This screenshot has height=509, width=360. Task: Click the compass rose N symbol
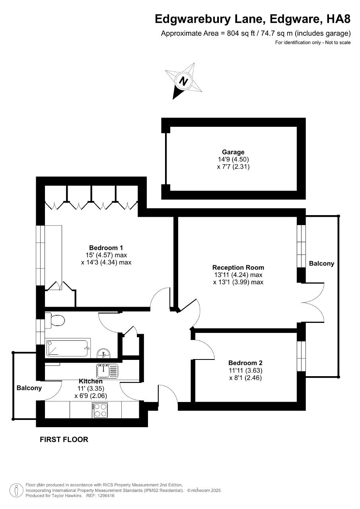(183, 81)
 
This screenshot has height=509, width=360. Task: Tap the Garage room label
(233, 152)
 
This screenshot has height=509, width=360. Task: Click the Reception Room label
(238, 267)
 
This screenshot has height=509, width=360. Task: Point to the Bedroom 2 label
(245, 363)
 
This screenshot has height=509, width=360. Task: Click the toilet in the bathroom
(56, 321)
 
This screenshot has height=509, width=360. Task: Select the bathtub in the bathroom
(68, 348)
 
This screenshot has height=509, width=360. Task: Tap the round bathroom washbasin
(104, 353)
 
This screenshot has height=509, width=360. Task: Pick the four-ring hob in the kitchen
(100, 410)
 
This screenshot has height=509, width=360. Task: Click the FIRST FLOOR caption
(64, 439)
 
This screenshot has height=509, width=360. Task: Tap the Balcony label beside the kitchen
(29, 388)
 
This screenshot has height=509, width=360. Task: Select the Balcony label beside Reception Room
(321, 264)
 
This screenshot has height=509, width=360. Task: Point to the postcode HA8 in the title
(338, 19)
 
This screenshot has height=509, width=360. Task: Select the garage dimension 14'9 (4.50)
(233, 159)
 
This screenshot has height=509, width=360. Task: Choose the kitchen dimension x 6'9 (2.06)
(90, 396)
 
